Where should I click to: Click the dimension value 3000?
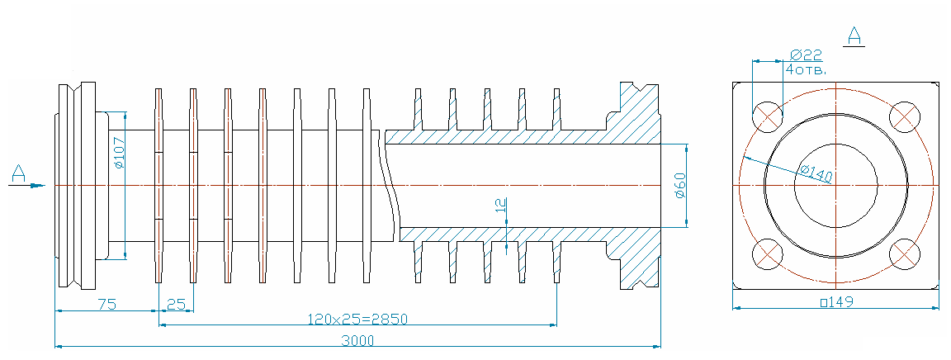[x=357, y=340]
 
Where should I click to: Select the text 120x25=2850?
[x=357, y=318]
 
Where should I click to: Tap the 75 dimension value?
[x=107, y=304]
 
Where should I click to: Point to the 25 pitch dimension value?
[x=176, y=304]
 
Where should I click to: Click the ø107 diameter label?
[x=119, y=153]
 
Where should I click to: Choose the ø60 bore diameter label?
[x=680, y=185]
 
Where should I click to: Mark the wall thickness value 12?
[x=500, y=205]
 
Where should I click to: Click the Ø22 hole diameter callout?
[x=806, y=54]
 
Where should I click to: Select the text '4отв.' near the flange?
[x=807, y=69]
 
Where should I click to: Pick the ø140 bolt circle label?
[x=812, y=173]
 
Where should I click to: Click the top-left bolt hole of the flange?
[x=767, y=117]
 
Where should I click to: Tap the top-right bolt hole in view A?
[x=904, y=117]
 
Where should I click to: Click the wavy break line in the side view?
[x=390, y=185]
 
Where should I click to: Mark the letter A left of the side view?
[x=18, y=174]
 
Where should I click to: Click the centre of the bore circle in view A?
[x=835, y=185]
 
